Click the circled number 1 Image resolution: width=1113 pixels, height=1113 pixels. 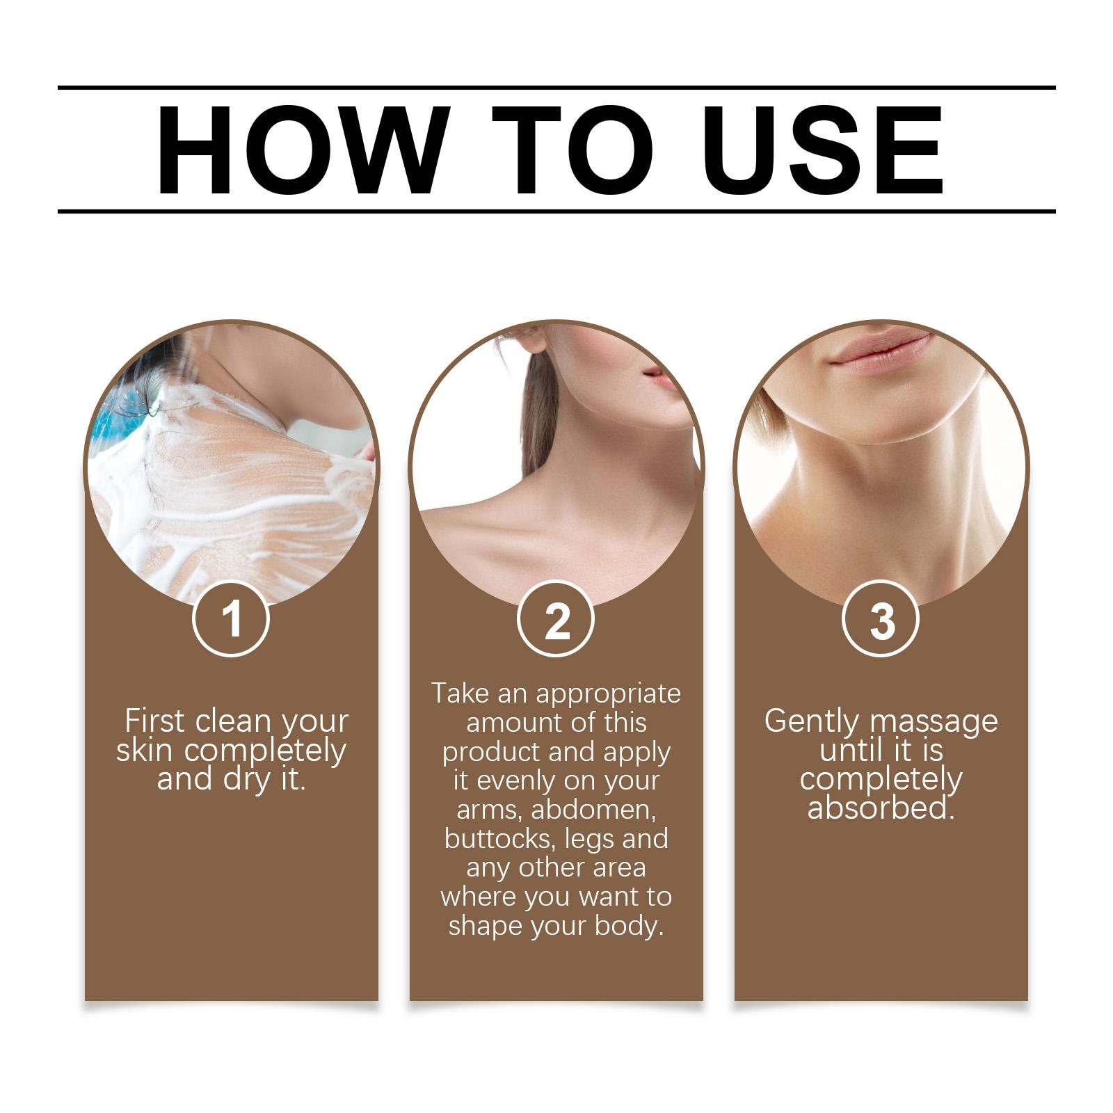(231, 618)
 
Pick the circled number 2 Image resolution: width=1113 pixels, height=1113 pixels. (556, 618)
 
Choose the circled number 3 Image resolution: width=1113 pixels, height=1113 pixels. (881, 618)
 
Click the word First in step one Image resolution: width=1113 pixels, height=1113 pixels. (155, 721)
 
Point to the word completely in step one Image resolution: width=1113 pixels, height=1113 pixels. (265, 751)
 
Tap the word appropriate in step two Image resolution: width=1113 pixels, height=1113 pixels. (609, 694)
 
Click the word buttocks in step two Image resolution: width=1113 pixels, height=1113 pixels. (500, 839)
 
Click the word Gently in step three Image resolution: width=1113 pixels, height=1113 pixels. (810, 722)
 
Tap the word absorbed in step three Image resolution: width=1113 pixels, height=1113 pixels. (881, 809)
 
